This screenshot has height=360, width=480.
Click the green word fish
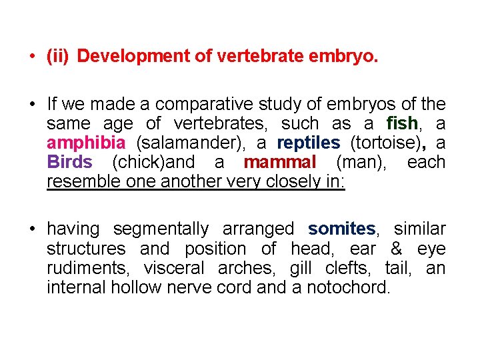coord(402,124)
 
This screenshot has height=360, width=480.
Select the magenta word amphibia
coord(86,143)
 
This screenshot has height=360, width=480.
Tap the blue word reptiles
coord(308,143)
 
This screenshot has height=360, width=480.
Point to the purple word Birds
coord(70,163)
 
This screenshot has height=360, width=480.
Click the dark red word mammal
coord(280,163)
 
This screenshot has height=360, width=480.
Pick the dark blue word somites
coord(342,229)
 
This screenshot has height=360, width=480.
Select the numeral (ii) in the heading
coord(58,57)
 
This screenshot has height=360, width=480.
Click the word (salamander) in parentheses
coord(181,143)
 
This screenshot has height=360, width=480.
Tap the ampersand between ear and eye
coord(395,249)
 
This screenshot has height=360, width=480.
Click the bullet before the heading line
coord(32,57)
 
